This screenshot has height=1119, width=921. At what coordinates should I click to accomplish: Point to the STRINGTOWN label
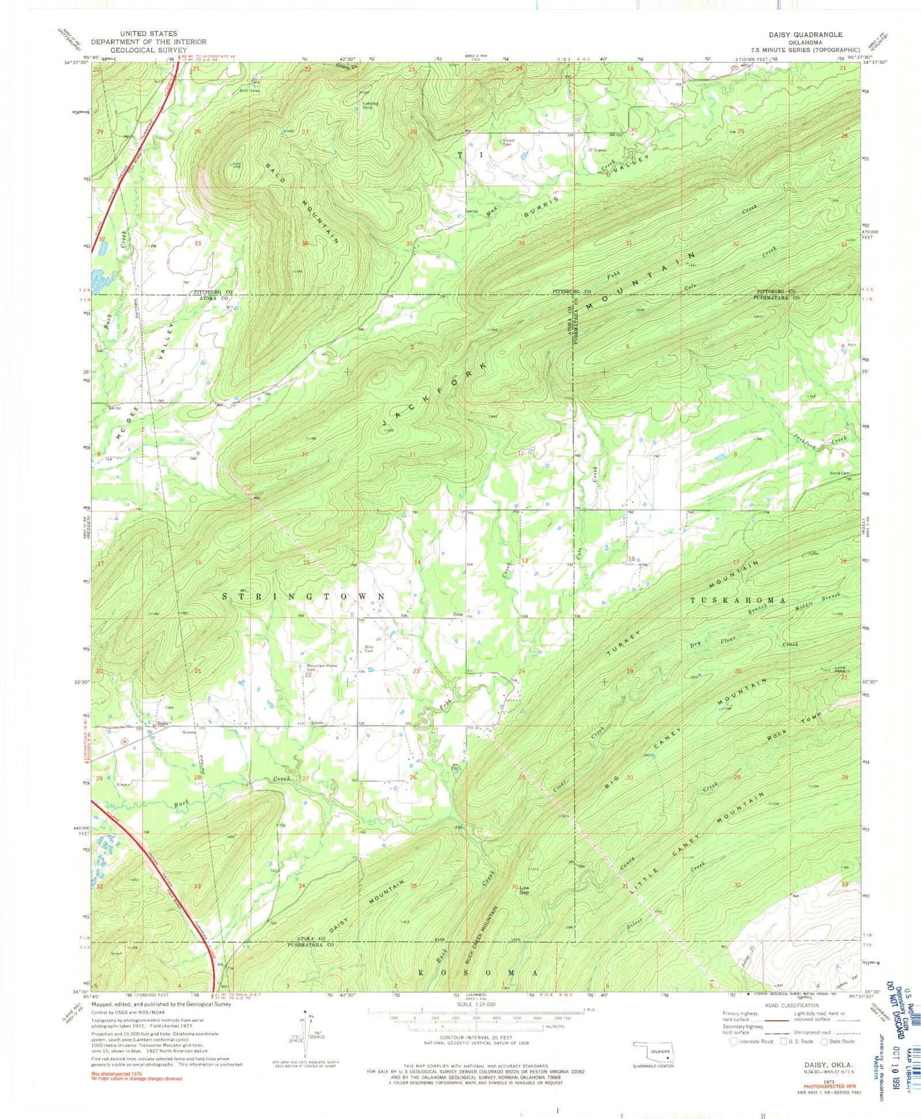click(x=303, y=597)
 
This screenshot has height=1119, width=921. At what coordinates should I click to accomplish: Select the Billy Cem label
click(x=369, y=649)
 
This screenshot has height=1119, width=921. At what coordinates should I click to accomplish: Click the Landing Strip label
click(x=371, y=106)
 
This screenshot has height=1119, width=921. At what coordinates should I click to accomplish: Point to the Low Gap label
click(x=524, y=890)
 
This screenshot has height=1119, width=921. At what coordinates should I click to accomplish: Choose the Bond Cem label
click(x=840, y=473)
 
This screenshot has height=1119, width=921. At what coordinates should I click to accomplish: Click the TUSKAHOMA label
click(x=739, y=600)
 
